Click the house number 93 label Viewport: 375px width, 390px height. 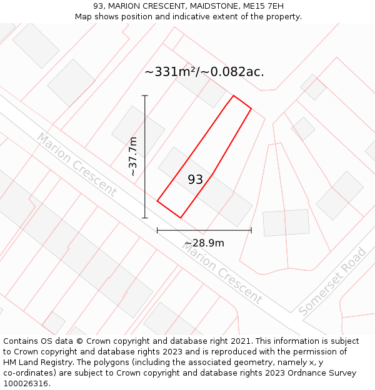point(196,180)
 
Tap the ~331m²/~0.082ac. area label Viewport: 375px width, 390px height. point(204,72)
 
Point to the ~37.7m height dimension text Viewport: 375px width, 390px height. point(132,156)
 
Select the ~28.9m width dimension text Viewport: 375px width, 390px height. point(204,243)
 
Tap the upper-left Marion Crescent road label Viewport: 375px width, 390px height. point(76,164)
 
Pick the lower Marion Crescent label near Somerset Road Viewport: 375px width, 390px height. point(222,272)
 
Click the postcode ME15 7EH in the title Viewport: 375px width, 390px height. point(259,6)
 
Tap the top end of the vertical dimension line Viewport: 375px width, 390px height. point(145,95)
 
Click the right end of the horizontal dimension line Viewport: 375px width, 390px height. point(251,230)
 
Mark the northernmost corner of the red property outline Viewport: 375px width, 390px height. point(233,95)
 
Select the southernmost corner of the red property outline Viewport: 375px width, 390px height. point(181,218)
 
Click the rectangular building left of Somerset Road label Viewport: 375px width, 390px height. point(286,223)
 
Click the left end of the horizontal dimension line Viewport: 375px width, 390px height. point(157,230)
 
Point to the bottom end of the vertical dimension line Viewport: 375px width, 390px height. point(145,218)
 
